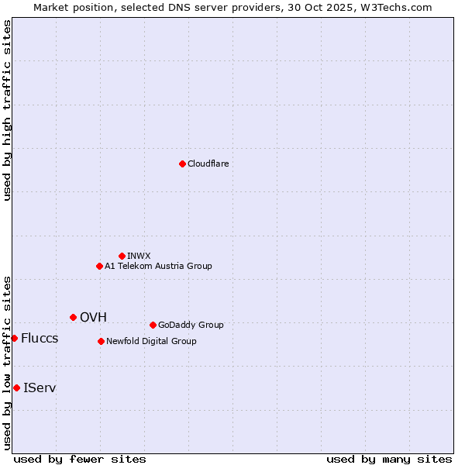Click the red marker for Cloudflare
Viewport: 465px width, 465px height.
point(182,164)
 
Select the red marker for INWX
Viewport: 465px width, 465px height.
point(122,256)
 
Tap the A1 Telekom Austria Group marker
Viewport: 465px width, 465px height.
point(99,266)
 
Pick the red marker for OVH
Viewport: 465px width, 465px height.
point(73,317)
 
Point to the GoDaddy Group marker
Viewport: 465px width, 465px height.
point(153,325)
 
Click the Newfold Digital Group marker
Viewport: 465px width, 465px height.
point(101,341)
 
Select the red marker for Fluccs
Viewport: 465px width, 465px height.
point(14,338)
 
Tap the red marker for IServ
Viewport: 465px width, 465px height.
point(16,387)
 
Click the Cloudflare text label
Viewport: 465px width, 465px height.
point(208,164)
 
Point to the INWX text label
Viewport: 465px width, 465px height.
point(139,256)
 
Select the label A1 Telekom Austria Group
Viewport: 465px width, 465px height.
point(158,266)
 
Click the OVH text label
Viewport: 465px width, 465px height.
point(93,317)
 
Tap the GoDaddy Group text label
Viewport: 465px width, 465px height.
point(191,325)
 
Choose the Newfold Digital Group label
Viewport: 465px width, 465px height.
point(151,341)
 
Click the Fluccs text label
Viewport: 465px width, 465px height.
point(40,338)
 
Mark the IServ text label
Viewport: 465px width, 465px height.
point(40,387)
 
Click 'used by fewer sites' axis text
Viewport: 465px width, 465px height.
point(80,459)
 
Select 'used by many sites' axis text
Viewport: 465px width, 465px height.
point(389,459)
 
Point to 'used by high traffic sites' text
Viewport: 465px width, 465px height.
point(7,110)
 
